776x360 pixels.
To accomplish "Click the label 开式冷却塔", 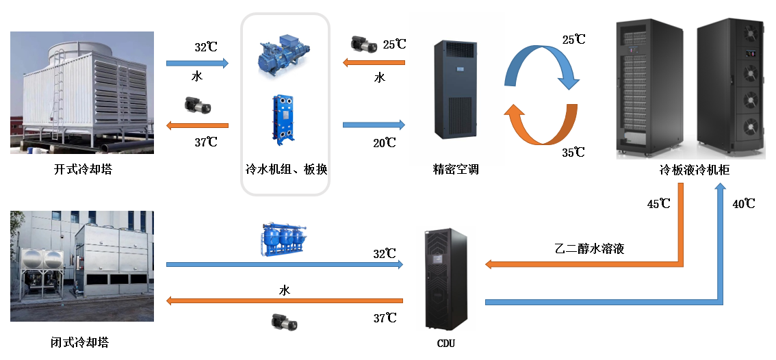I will coord(83,169).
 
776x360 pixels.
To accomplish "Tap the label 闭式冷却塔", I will coord(80,342).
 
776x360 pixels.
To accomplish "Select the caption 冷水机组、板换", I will coord(286,169).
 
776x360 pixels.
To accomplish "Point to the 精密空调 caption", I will coord(456,169).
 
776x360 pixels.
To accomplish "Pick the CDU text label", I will coord(445,343).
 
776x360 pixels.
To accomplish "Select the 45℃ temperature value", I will coord(659,204).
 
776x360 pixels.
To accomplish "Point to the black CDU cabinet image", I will coord(445,279).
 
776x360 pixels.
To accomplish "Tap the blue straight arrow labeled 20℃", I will coord(374,125).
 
